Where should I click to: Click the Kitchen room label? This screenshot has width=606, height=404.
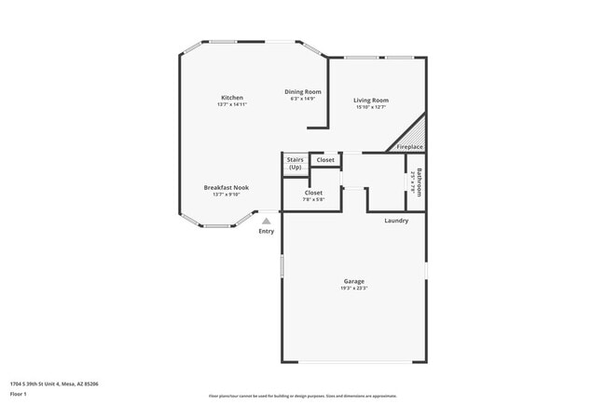tap(232, 98)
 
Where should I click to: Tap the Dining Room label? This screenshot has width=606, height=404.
tap(303, 91)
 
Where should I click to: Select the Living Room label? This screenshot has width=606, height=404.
tap(371, 101)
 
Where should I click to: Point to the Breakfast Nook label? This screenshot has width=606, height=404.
tap(227, 188)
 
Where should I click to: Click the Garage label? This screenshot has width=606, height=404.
tap(353, 281)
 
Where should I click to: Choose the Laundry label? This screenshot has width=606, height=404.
tap(396, 221)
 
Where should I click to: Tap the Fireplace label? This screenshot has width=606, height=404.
tap(410, 147)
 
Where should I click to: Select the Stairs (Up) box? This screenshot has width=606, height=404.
tap(295, 163)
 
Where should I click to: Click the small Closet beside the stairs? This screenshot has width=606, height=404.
tap(325, 160)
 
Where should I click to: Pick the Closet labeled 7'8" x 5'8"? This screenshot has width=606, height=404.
tap(313, 193)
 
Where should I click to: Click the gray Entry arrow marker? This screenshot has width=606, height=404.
tap(267, 221)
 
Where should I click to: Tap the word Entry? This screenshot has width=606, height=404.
tap(267, 231)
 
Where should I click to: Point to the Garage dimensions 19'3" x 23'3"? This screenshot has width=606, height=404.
tap(353, 289)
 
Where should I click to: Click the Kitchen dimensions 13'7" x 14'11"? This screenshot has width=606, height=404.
tap(232, 104)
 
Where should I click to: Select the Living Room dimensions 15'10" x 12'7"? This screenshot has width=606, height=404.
tap(371, 107)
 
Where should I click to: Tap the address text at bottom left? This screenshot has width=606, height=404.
tap(54, 383)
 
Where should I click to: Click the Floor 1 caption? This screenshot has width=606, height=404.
tap(19, 395)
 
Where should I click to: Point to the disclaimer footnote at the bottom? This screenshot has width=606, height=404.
tap(303, 396)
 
